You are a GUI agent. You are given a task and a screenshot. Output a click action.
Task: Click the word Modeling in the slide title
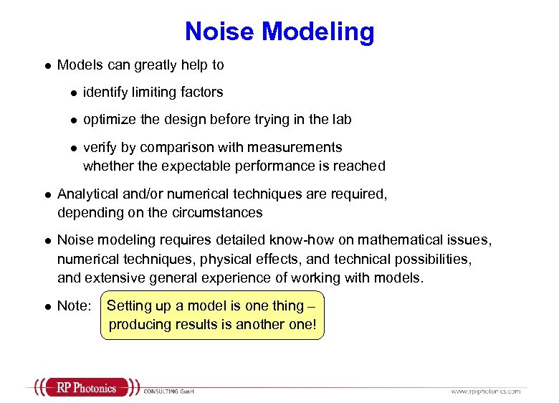point(317,32)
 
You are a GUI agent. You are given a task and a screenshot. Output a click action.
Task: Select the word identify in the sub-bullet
point(105,92)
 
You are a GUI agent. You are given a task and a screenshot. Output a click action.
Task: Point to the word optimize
point(108,120)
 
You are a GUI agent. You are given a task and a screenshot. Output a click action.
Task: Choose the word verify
point(100,147)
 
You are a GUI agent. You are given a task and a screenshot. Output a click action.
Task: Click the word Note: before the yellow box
point(74,306)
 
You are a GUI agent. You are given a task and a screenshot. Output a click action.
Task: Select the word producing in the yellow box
point(138,324)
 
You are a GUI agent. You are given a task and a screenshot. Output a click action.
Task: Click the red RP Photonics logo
point(85,388)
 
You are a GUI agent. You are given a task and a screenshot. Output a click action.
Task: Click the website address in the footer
point(485,391)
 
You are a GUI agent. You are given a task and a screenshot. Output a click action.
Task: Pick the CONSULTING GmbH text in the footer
point(169,391)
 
